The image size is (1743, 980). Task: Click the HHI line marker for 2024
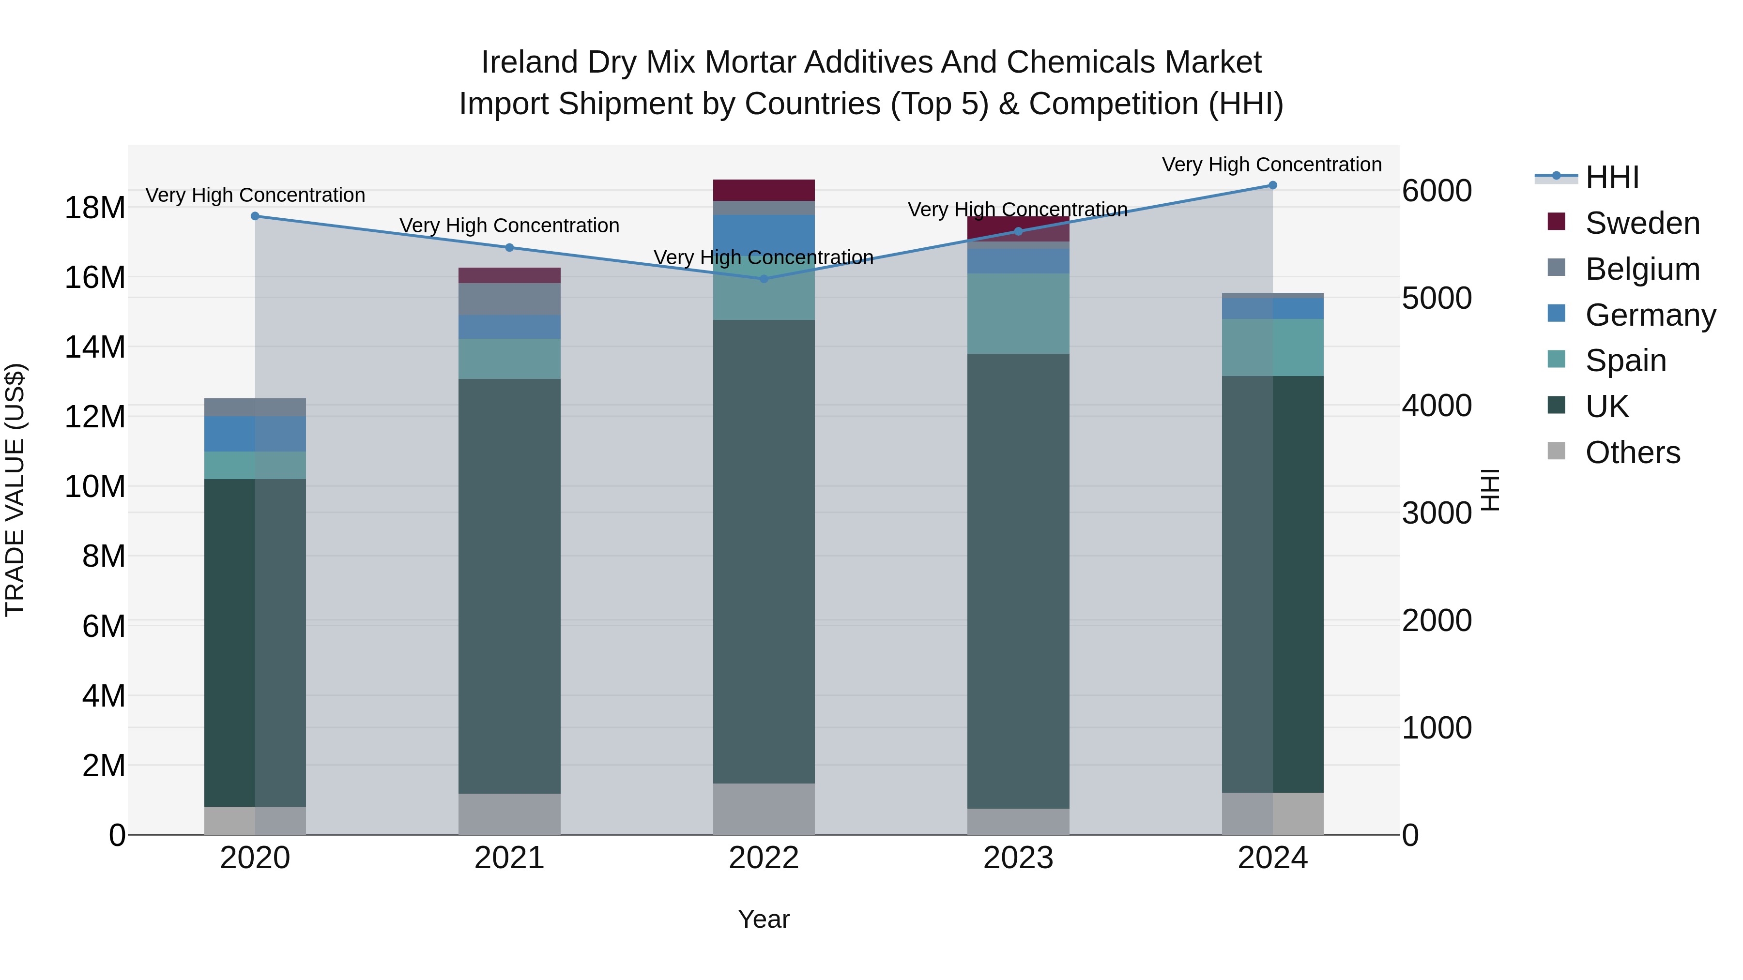click(1272, 185)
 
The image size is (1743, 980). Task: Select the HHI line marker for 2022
click(764, 279)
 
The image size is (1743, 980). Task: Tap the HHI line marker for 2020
click(255, 216)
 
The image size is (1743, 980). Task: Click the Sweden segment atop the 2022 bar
click(764, 190)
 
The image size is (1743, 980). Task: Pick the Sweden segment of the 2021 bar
click(509, 275)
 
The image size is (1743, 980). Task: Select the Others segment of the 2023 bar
click(1018, 821)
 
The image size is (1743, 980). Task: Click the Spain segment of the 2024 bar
click(1272, 347)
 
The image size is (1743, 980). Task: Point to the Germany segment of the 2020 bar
click(255, 434)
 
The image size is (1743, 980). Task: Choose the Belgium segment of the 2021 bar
click(509, 299)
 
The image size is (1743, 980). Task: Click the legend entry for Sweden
click(1642, 223)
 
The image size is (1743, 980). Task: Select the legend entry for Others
click(1632, 452)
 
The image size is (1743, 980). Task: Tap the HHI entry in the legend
click(1612, 177)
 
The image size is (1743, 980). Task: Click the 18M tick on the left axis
click(95, 208)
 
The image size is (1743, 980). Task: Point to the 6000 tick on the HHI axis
click(1436, 191)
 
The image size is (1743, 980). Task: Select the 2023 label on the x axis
click(1018, 858)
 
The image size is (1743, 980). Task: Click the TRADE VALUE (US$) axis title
click(15, 490)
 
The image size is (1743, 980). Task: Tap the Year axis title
click(764, 919)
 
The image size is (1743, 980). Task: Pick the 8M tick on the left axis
click(104, 557)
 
